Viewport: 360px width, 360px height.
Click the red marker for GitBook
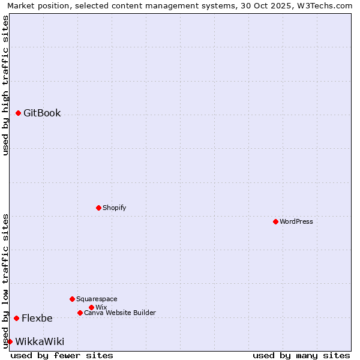pos(18,113)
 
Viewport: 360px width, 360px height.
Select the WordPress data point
pos(275,221)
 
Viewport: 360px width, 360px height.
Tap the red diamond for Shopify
pos(98,208)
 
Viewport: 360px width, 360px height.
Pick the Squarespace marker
pos(72,299)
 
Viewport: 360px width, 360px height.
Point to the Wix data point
pos(91,307)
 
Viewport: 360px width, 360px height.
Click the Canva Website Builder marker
pos(80,313)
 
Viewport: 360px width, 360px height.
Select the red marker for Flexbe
pos(16,318)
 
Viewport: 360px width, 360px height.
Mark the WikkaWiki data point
pos(10,341)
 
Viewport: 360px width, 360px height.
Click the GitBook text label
pos(42,113)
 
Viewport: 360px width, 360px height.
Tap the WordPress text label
pos(296,221)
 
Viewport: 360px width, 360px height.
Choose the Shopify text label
pos(115,208)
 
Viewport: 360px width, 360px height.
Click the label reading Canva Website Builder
pos(120,313)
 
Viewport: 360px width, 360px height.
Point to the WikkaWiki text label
pos(40,341)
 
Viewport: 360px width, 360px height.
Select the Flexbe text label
pos(37,318)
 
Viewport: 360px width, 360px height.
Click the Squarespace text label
pos(97,299)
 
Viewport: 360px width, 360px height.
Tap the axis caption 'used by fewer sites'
pos(62,355)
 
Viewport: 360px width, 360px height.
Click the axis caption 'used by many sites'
pos(301,355)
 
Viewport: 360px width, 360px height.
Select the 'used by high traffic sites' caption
pos(5,85)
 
